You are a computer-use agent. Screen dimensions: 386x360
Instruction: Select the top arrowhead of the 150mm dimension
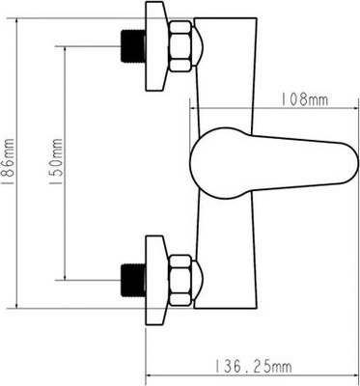pyautogui.click(x=63, y=49)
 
